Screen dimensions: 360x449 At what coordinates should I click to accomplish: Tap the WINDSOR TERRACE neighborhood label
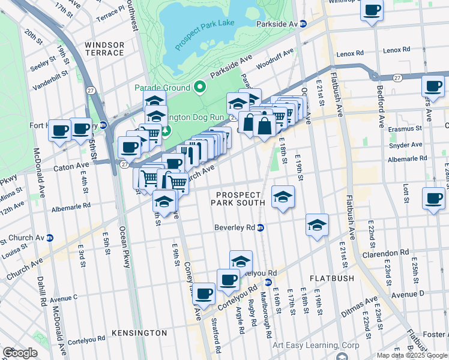[x=104, y=49]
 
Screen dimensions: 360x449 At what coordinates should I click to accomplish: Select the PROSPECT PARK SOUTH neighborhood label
[x=238, y=199]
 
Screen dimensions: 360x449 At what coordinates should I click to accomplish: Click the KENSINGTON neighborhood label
[x=139, y=332]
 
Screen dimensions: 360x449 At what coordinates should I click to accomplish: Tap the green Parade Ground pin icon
[x=200, y=88]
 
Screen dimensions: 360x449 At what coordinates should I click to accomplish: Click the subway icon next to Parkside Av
[x=303, y=23]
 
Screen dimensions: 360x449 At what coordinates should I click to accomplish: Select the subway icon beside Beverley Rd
[x=261, y=227]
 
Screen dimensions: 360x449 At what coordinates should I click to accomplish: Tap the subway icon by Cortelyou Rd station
[x=268, y=281]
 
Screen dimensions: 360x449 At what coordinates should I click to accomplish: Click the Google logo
[x=20, y=353]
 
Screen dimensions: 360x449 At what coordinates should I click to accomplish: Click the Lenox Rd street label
[x=350, y=54]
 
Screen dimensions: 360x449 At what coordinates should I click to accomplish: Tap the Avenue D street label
[x=408, y=293]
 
